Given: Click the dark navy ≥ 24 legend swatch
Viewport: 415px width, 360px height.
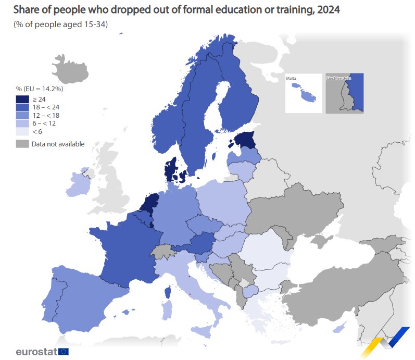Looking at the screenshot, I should (22, 99).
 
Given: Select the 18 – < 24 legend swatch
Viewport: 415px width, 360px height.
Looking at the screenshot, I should (22, 107).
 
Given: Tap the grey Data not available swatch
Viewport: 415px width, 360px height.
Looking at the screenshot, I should (22, 144).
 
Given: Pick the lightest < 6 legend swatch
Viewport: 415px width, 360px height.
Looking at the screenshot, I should (22, 132).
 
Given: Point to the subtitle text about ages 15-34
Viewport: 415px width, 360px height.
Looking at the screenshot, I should (60, 25).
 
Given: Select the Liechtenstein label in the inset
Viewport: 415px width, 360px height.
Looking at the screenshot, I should (338, 78).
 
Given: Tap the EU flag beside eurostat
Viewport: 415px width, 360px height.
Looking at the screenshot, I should (64, 352).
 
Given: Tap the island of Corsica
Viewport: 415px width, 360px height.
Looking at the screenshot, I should (168, 293).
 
